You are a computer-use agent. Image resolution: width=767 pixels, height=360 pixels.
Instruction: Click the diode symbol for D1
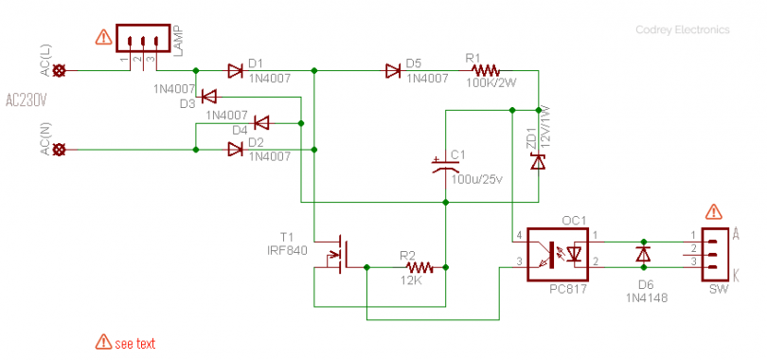click(235, 69)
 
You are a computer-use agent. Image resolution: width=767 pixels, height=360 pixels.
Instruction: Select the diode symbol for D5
click(392, 69)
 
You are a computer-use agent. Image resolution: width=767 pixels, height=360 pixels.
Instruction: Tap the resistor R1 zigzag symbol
click(485, 69)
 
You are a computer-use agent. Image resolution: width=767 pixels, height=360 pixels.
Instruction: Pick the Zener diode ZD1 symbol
click(538, 161)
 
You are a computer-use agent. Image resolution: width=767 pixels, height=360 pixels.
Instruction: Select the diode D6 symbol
click(643, 255)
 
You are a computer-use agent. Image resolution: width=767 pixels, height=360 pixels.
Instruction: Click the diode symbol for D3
click(209, 96)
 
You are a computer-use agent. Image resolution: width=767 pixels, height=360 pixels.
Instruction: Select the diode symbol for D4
click(261, 122)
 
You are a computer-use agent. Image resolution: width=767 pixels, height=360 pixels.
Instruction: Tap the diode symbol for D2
click(235, 149)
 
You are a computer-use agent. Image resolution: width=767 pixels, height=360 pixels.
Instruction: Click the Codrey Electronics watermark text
click(682, 30)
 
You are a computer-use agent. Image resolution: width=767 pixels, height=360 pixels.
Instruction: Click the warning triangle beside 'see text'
click(102, 342)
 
